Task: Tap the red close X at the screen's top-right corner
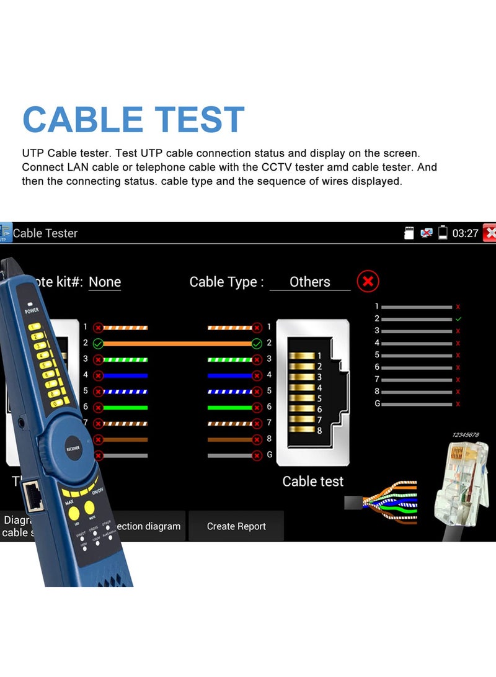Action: (x=490, y=233)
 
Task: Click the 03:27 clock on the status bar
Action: (x=465, y=233)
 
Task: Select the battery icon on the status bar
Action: (x=443, y=233)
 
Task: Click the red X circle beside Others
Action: (x=368, y=282)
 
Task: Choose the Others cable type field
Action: (x=310, y=282)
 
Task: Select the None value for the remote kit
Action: (x=105, y=282)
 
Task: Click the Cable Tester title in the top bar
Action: (x=45, y=233)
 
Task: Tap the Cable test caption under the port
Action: (x=312, y=481)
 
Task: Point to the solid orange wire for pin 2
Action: (x=177, y=343)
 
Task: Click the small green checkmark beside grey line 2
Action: (x=458, y=318)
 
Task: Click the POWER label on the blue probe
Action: (x=32, y=310)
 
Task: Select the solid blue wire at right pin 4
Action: (x=229, y=375)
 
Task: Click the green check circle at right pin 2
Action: (x=257, y=343)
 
